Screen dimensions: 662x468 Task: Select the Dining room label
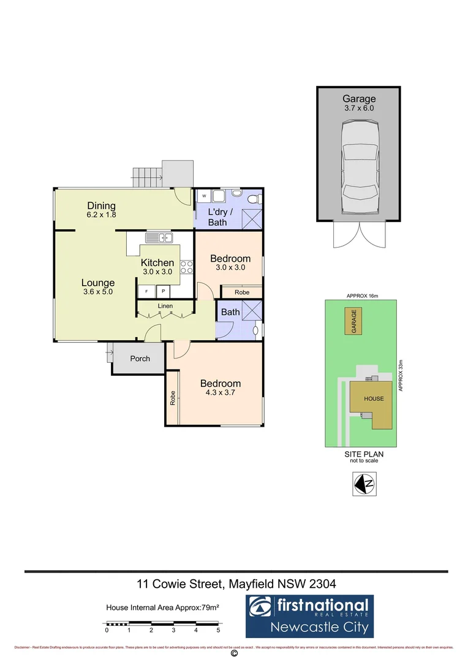tap(101, 210)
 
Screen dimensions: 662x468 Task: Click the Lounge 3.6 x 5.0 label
tap(98, 287)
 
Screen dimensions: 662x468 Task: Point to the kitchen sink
tap(159, 238)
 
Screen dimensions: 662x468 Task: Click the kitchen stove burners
tap(187, 267)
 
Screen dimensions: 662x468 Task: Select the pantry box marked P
tap(164, 291)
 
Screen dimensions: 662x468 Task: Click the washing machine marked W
tap(203, 197)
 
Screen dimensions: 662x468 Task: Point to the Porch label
tap(140, 359)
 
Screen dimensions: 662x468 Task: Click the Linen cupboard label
tap(165, 306)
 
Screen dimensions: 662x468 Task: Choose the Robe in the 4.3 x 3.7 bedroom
tap(173, 398)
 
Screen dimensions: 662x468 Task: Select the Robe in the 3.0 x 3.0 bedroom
tap(242, 292)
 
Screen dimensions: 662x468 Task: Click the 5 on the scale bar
tap(218, 630)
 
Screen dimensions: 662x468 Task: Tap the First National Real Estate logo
tap(309, 616)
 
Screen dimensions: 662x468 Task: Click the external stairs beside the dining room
tap(147, 175)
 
